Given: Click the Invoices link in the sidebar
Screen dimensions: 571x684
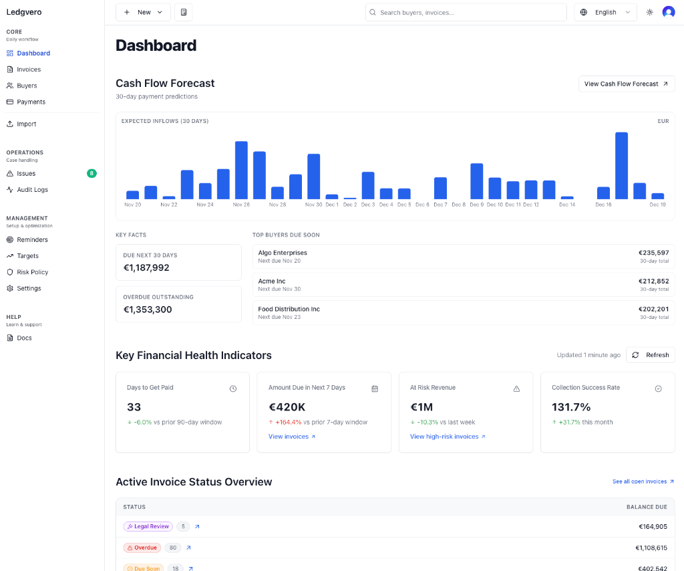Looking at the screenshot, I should pos(29,70).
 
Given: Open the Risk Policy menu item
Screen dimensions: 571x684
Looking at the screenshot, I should pos(32,272).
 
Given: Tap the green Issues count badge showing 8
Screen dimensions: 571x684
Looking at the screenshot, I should pos(92,174).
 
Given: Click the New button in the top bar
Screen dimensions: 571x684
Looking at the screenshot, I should pos(143,12).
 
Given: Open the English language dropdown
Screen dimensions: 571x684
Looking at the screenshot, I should pos(605,12).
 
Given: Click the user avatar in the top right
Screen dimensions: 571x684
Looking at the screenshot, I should pos(668,12).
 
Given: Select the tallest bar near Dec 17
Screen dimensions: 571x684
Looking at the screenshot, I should pos(621,166).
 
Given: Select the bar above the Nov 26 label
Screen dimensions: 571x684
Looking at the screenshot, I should pos(241,170).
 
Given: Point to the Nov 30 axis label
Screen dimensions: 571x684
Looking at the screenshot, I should pos(313,205).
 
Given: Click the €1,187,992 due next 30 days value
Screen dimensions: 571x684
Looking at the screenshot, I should pos(146,267).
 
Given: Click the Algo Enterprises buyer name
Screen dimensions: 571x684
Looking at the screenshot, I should pos(283,253).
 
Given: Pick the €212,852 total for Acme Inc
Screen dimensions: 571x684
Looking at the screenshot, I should pos(653,281).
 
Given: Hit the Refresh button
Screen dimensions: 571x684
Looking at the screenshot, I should pos(651,355).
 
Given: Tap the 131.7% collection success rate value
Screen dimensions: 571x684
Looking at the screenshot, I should pos(571,407).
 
